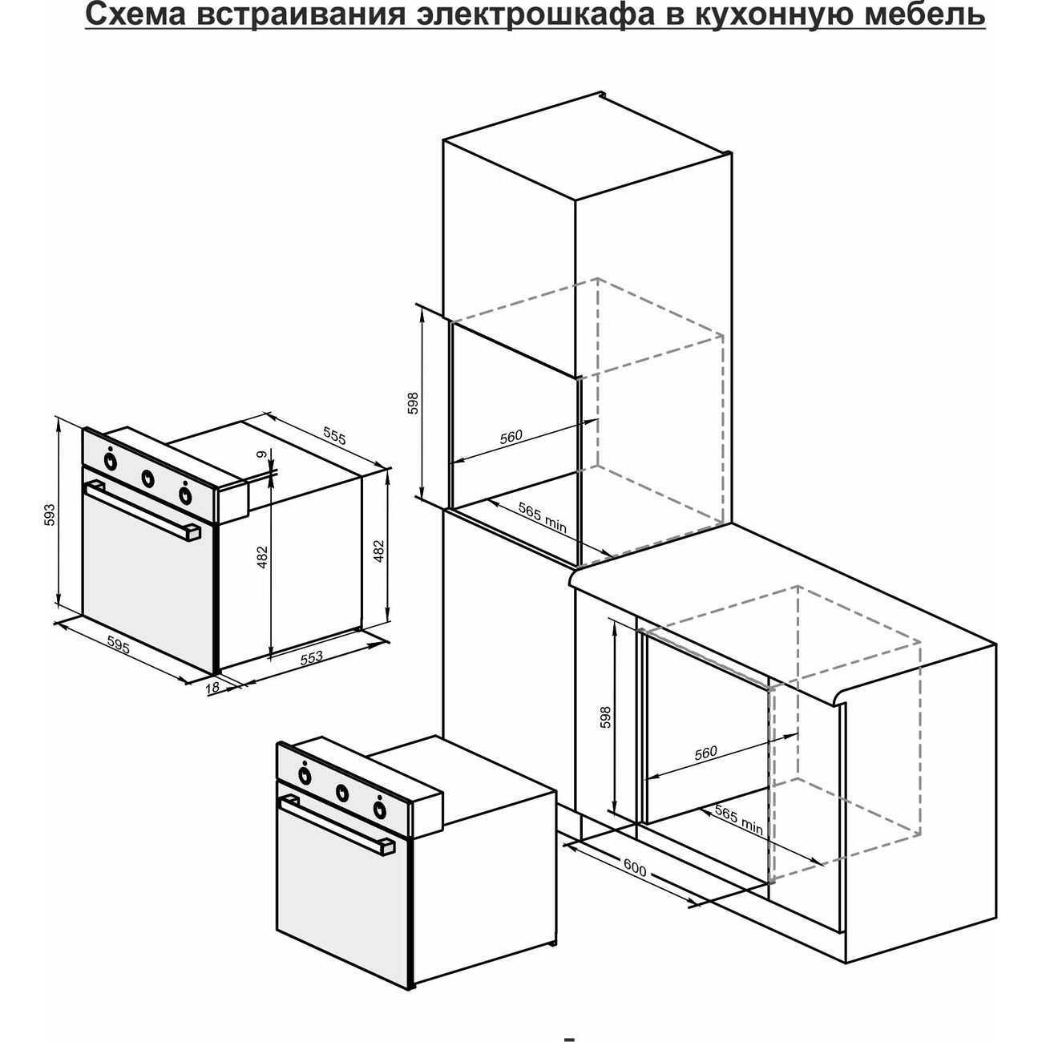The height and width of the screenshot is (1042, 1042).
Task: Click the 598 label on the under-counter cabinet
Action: point(605,717)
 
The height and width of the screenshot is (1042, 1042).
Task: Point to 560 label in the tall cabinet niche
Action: point(511,437)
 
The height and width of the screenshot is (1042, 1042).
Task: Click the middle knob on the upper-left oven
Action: point(147,479)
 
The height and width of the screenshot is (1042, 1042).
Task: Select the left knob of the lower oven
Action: point(305,775)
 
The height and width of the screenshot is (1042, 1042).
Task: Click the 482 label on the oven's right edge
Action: point(380,551)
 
